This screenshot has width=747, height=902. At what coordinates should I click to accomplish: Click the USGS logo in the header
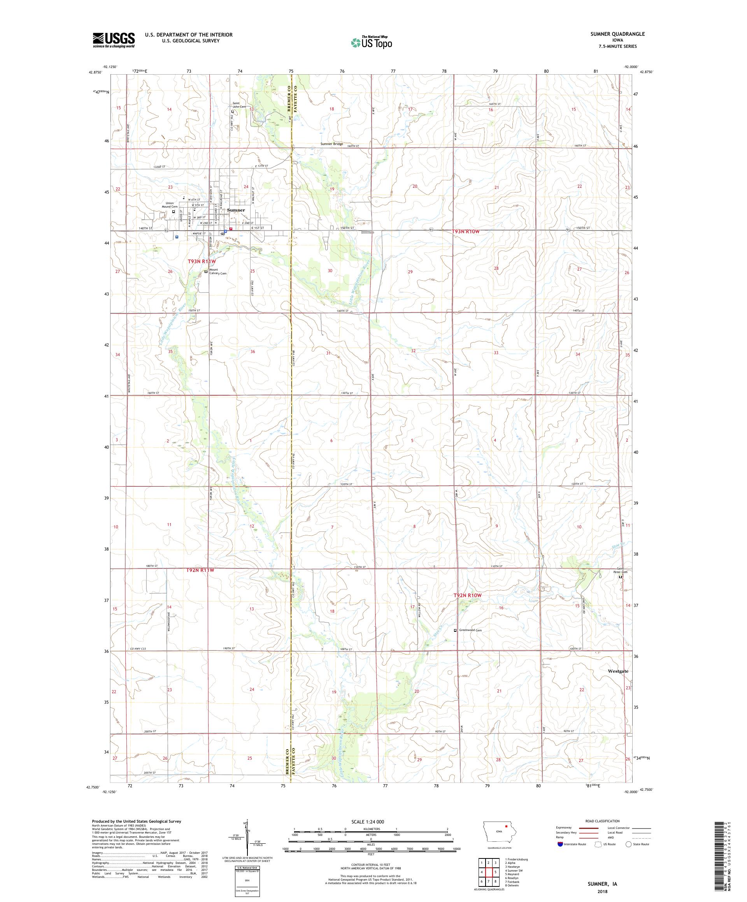[x=114, y=40]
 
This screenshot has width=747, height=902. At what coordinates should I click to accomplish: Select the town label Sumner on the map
[x=236, y=210]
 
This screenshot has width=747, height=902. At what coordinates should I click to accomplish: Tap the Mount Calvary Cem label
[x=217, y=271]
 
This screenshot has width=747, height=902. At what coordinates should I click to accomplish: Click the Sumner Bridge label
[x=332, y=144]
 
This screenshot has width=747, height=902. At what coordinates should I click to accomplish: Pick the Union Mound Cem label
[x=170, y=205]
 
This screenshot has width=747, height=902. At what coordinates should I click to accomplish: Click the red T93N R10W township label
[x=465, y=231]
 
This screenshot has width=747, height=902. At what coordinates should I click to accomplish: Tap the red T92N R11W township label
[x=200, y=570]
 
